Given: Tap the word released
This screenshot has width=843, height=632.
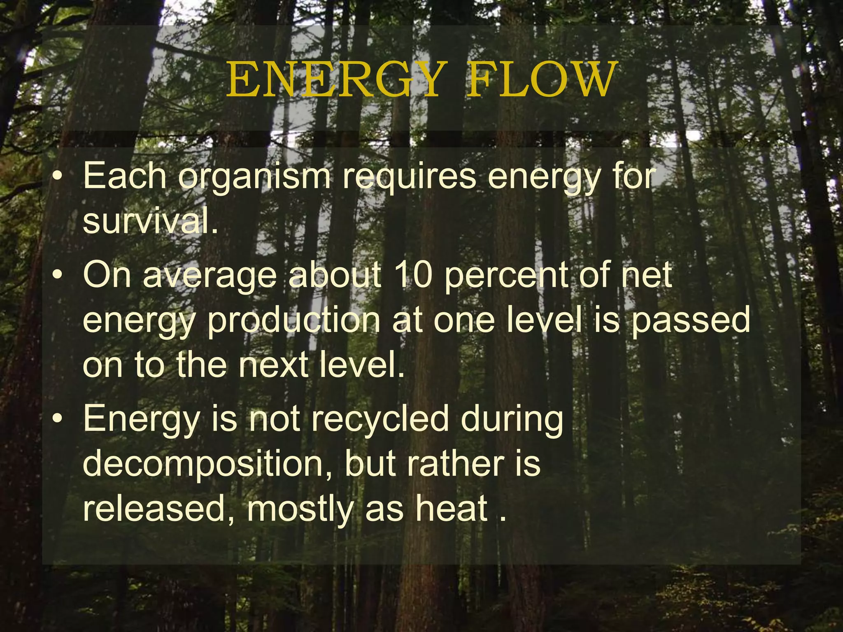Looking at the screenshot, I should coord(154,509).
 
